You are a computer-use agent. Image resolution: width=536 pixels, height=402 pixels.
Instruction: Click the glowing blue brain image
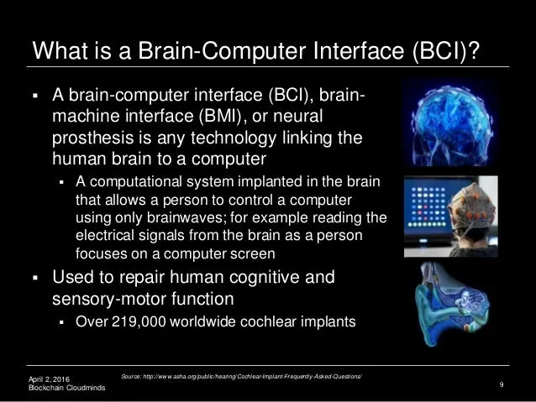click(x=451, y=123)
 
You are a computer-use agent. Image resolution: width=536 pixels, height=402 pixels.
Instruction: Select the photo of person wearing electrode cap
click(x=451, y=217)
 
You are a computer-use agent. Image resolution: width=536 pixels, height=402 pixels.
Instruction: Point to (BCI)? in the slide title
click(x=446, y=51)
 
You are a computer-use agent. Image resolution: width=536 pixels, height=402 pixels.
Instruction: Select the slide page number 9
click(x=501, y=384)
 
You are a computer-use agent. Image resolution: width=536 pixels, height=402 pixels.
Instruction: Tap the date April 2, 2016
click(x=49, y=379)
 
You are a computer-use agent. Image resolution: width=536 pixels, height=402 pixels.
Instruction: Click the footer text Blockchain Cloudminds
click(x=67, y=388)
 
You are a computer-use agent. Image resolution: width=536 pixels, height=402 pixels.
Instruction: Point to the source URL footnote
click(x=241, y=376)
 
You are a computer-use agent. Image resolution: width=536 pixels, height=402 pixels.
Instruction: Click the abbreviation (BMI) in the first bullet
click(x=221, y=116)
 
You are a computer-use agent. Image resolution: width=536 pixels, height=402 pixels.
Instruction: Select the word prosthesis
click(x=93, y=138)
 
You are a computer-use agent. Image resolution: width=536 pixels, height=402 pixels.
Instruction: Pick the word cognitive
click(x=265, y=277)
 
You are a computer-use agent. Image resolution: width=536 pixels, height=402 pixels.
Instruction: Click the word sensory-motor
click(x=109, y=299)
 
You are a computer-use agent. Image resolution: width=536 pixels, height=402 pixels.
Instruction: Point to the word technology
click(x=233, y=138)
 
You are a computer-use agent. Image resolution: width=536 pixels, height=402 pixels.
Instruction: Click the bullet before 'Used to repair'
click(x=35, y=278)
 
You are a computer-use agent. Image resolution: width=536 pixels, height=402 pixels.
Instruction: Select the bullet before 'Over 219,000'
click(x=61, y=322)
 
